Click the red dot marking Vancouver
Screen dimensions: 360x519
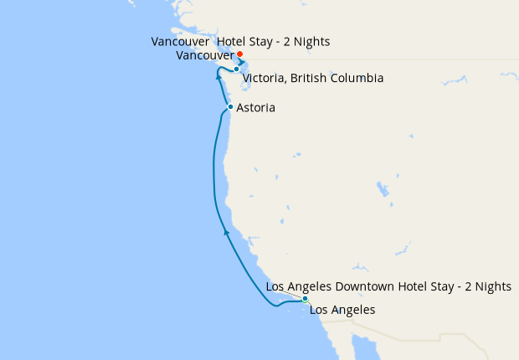coord(240,54)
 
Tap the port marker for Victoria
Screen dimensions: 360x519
coord(237,69)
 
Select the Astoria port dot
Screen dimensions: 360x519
coord(230,107)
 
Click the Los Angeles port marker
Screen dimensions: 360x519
coord(306,299)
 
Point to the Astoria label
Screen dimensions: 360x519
coord(255,108)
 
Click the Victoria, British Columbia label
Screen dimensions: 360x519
coord(313,79)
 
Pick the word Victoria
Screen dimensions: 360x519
coord(263,79)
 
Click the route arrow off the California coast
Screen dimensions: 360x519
coord(226,232)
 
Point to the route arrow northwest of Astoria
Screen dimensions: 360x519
coord(218,77)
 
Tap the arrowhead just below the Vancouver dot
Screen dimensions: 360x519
coord(241,63)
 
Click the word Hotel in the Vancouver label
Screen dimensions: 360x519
coord(233,41)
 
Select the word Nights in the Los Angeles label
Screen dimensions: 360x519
coord(492,286)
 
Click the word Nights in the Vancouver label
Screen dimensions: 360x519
coord(311,41)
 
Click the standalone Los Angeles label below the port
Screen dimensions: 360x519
coord(342,311)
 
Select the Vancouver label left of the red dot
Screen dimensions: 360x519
coord(206,55)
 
